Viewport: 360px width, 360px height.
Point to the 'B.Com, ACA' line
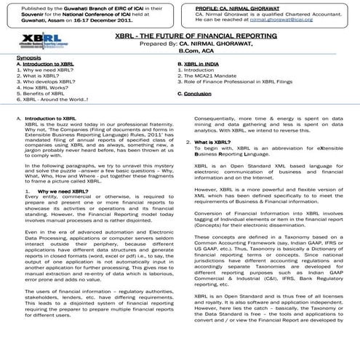197,51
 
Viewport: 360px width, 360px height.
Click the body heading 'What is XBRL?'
217,143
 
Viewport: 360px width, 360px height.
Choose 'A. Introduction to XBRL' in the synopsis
44,63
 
